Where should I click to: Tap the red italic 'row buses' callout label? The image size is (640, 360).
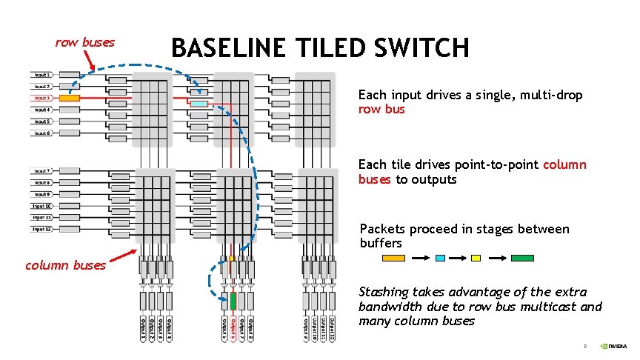click(x=85, y=42)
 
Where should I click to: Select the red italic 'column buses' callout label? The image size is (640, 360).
click(x=65, y=265)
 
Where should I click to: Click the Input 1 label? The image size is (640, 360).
click(x=41, y=75)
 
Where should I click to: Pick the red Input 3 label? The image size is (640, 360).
click(x=41, y=98)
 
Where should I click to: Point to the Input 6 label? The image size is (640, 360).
click(x=41, y=133)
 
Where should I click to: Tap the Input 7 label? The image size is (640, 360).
click(x=41, y=170)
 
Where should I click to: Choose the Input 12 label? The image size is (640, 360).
click(x=41, y=230)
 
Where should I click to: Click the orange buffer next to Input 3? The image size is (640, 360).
click(x=70, y=98)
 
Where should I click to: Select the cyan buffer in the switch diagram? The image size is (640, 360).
click(x=199, y=104)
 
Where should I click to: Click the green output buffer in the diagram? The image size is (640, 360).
click(x=233, y=301)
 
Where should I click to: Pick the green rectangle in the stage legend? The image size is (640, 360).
click(x=522, y=258)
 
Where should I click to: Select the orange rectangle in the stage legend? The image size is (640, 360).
click(x=393, y=258)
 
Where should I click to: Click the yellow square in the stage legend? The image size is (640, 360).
click(x=476, y=258)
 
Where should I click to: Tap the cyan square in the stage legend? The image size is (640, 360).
click(x=441, y=258)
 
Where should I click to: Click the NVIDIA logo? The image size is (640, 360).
click(x=613, y=346)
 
